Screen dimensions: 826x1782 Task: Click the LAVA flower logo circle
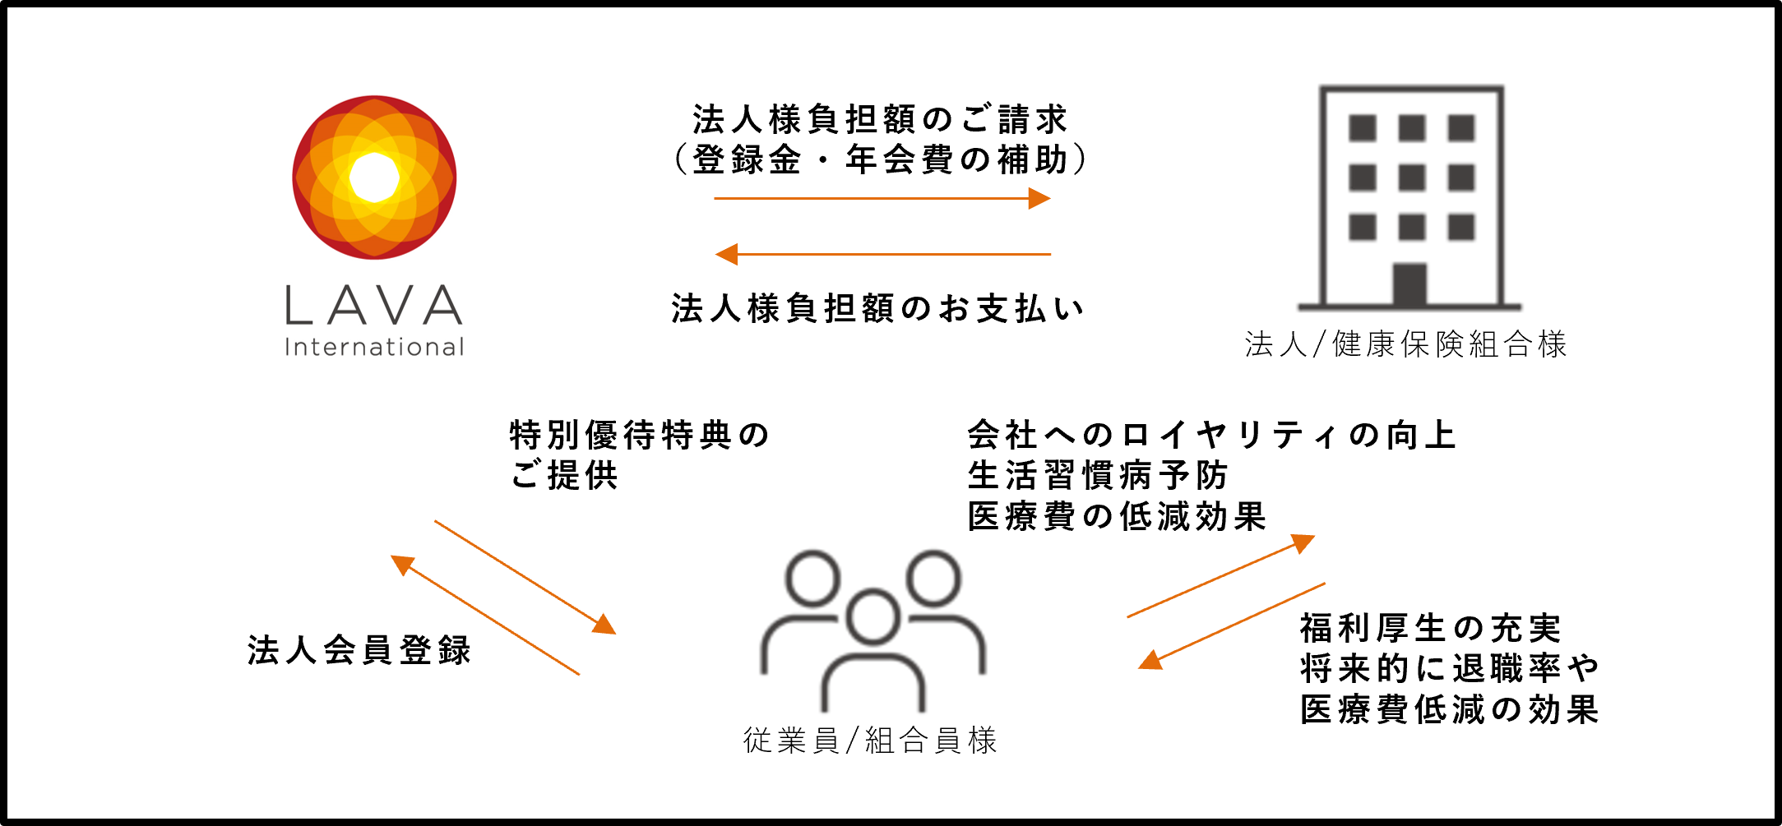374,178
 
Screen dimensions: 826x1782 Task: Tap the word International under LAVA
374,347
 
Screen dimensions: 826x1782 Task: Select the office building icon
1411,197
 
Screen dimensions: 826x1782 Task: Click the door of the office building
1409,284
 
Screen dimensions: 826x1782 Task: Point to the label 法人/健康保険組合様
1405,344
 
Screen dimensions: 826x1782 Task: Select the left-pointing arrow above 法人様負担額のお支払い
883,254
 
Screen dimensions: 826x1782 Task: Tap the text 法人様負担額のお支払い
877,309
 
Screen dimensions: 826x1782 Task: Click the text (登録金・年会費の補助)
880,159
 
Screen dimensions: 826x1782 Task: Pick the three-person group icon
872,630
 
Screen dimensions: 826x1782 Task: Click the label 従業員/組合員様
870,741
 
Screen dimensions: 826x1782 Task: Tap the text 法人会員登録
359,650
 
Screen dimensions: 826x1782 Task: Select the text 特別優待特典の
640,436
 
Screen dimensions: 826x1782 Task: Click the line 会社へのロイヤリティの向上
1211,436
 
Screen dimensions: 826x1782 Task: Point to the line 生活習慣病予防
1098,476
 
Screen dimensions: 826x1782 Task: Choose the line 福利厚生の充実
1431,629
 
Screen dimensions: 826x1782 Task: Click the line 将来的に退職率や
1450,669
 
